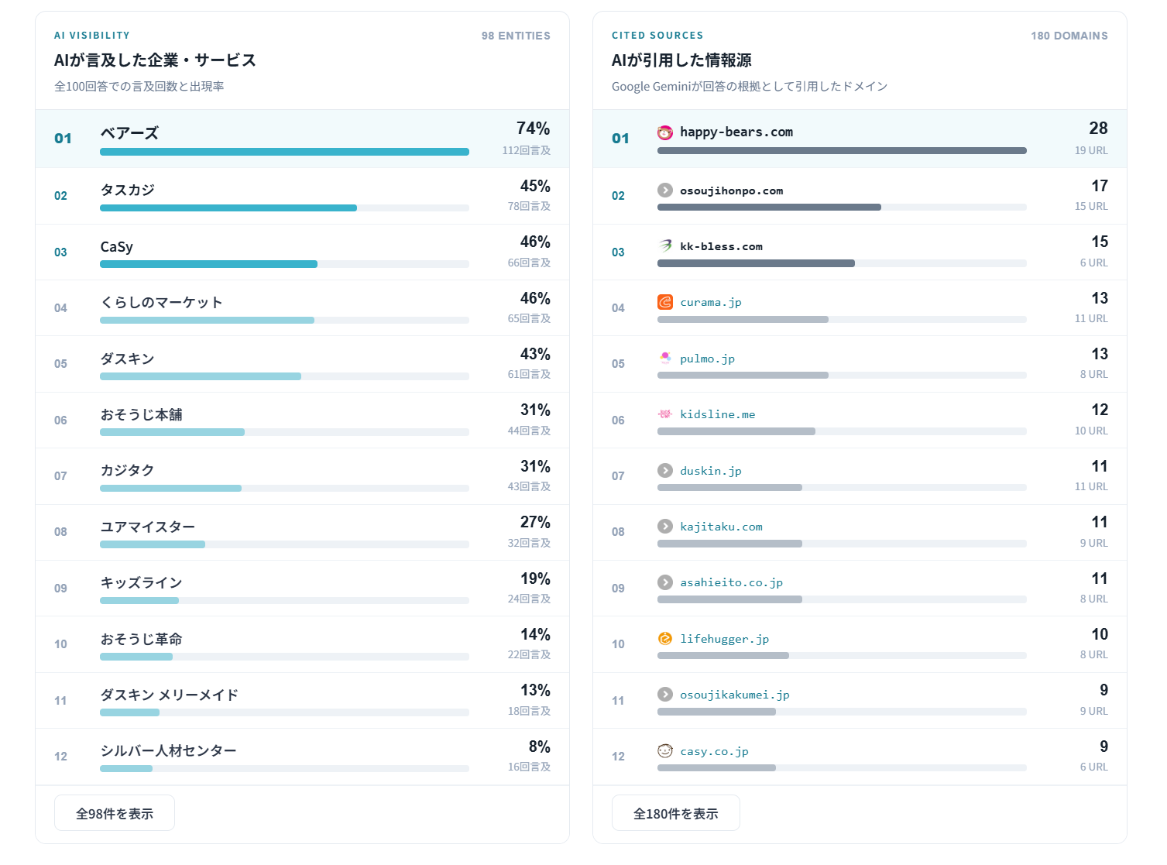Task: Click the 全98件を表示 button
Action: pos(114,813)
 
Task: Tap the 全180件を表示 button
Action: pos(675,813)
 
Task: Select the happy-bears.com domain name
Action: pos(736,132)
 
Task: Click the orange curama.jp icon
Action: pos(665,302)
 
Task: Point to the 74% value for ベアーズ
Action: pos(533,129)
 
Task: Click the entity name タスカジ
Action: pos(127,190)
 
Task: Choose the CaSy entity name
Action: pos(117,247)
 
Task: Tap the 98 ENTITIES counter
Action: pos(516,36)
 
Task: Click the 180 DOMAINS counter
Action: pos(1069,36)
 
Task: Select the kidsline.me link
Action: pos(717,414)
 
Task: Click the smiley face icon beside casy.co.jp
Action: pos(665,751)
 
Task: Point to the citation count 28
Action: pos(1098,129)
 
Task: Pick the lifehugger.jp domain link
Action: pos(725,639)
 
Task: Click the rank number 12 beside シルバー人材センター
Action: pos(60,757)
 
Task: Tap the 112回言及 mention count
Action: pos(526,150)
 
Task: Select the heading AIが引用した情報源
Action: pos(681,60)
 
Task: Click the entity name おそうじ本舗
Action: pos(142,414)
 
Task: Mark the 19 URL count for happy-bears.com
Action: pos(1091,150)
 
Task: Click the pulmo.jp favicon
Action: pos(665,359)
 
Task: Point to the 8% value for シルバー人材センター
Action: pos(539,747)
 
